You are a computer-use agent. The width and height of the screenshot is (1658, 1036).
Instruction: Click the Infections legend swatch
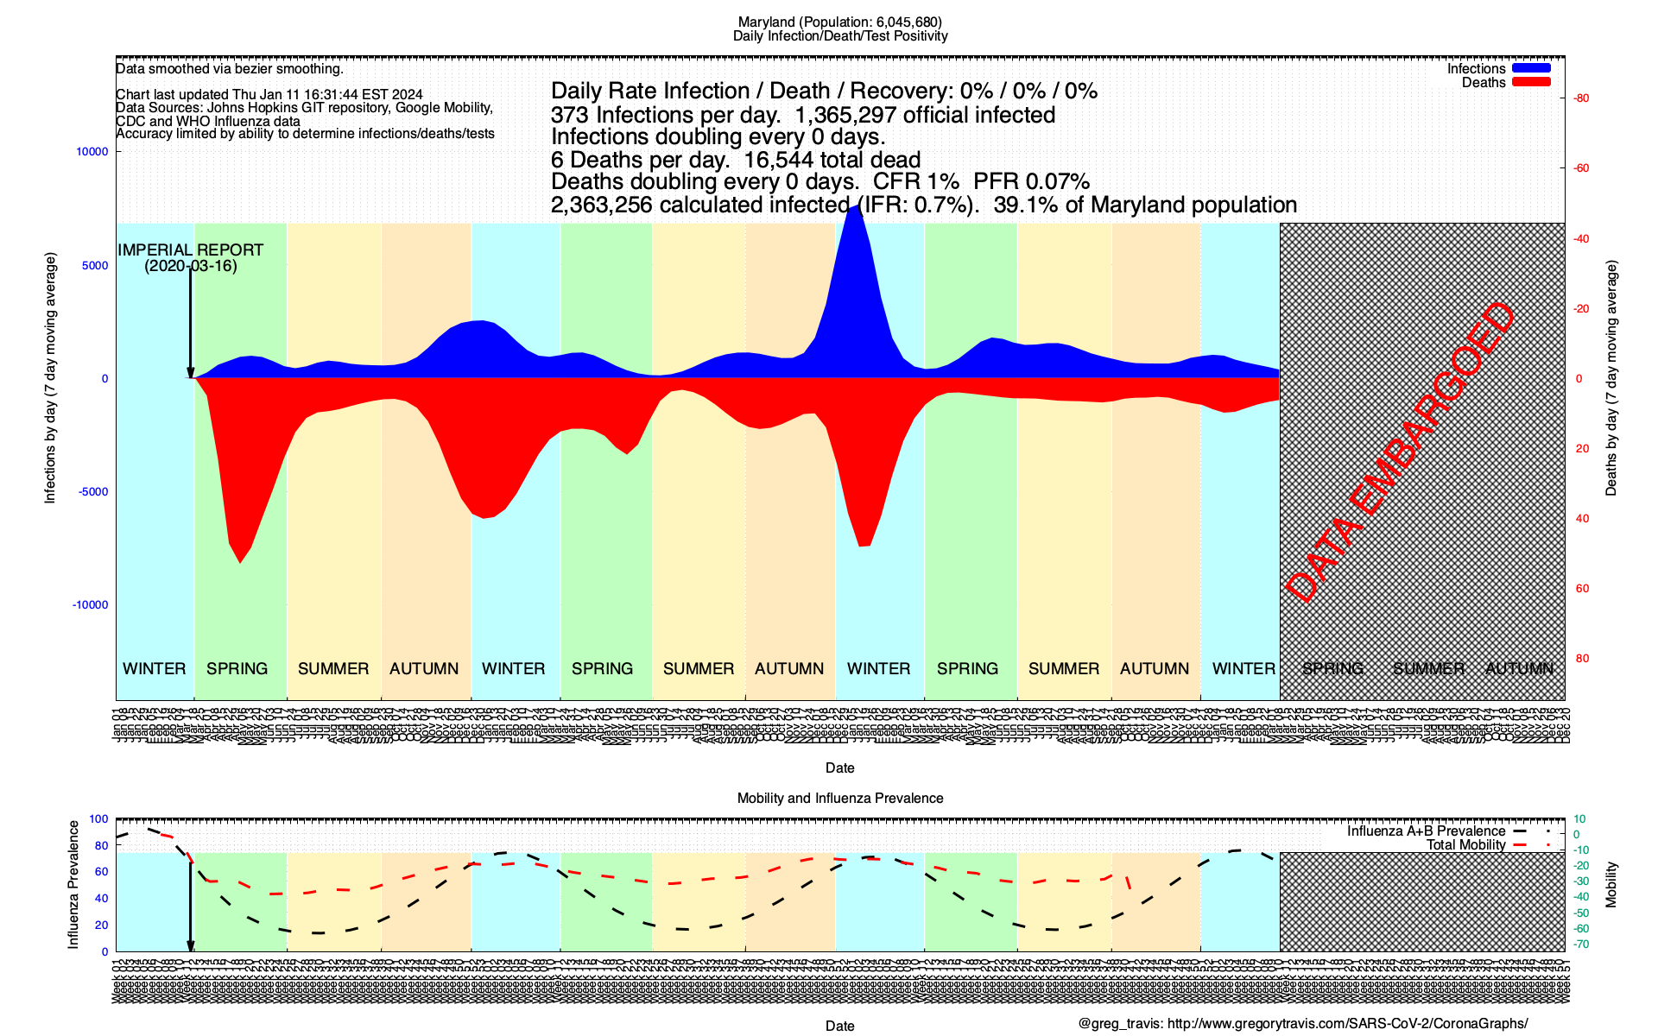coord(1531,68)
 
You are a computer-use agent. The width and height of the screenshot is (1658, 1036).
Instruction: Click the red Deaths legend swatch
coord(1531,82)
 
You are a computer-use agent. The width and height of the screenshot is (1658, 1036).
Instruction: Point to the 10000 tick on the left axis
coord(92,152)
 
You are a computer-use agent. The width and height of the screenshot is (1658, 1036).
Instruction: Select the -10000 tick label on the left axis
coord(91,605)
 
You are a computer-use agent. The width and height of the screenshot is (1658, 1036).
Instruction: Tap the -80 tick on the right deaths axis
coord(1581,98)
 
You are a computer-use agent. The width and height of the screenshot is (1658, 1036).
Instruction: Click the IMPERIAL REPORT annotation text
coord(190,257)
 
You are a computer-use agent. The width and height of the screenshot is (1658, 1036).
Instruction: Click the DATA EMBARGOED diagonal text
coord(1400,452)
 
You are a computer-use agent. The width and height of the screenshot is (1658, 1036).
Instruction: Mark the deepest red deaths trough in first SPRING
coord(240,562)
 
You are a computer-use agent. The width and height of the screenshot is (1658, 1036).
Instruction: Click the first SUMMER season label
coord(333,669)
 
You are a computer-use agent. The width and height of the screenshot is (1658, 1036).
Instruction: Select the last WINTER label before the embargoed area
coord(1243,669)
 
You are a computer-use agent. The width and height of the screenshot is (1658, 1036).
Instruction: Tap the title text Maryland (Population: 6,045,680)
coord(839,22)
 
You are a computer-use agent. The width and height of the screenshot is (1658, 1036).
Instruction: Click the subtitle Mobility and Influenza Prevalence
coord(839,799)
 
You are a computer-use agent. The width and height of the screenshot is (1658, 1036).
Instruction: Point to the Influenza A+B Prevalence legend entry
coord(1426,831)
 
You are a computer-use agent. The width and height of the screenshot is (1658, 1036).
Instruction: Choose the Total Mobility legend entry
coord(1465,845)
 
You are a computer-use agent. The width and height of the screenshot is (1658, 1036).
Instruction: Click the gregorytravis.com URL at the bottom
coord(1347,1024)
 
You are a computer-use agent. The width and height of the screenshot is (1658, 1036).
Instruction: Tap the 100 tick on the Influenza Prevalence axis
coord(98,819)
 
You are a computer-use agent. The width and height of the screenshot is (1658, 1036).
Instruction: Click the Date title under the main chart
coord(839,768)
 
